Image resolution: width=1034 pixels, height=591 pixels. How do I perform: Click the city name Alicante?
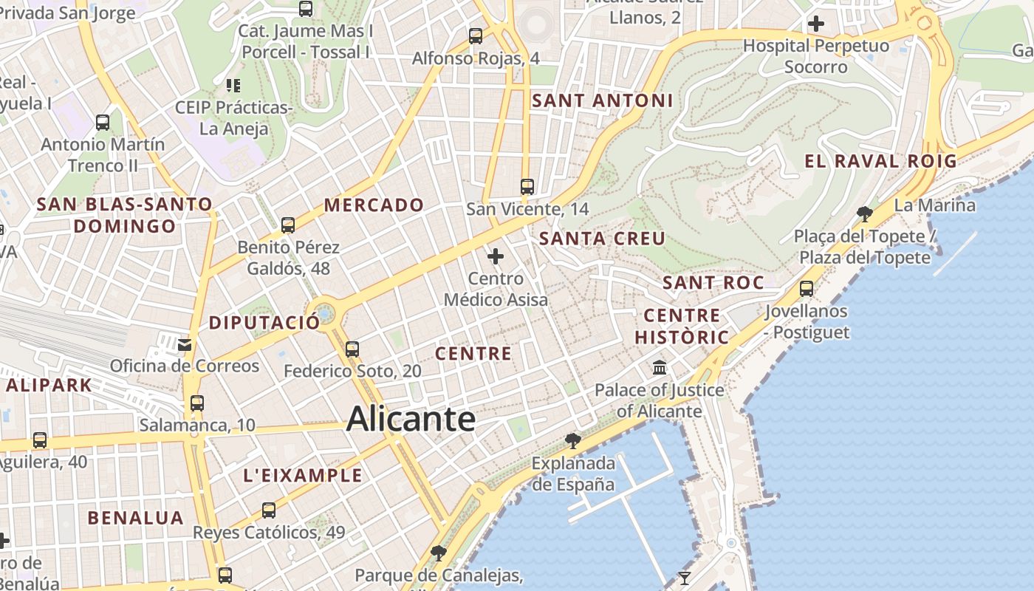point(411,418)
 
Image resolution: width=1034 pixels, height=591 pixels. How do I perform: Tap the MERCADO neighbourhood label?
point(374,205)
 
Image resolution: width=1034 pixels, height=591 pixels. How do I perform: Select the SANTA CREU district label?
point(603,238)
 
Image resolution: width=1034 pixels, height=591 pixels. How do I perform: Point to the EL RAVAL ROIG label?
point(880,161)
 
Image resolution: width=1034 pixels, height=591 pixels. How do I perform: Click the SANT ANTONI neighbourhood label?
point(603,100)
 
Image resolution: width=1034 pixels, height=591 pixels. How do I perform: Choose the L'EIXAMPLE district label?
point(303,475)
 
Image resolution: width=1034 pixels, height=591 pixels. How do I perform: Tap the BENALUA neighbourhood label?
point(136,517)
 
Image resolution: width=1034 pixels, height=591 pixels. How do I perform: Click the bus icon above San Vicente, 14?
point(527,187)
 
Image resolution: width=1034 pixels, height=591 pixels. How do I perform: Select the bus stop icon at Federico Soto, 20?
point(352,349)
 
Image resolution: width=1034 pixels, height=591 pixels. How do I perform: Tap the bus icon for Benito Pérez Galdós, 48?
point(288,225)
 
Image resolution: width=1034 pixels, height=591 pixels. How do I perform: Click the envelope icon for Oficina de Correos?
point(185,344)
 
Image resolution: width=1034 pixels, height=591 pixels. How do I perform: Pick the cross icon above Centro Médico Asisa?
point(496,256)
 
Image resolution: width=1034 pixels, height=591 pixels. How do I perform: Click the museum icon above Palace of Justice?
point(660,367)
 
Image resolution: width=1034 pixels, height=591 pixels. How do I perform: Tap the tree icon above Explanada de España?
point(572,441)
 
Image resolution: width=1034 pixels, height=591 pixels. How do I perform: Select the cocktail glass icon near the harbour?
point(685,578)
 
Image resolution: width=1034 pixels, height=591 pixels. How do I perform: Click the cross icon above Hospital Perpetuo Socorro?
point(816,24)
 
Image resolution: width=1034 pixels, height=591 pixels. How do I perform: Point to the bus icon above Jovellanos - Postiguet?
point(807,288)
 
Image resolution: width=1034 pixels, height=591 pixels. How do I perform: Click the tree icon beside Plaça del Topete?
point(865,214)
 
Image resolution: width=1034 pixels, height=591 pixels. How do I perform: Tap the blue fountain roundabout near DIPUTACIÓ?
point(324,315)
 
